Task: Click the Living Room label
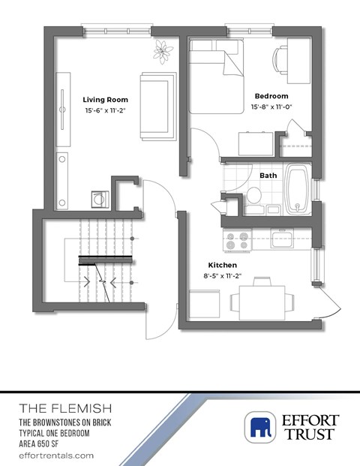tap(105, 99)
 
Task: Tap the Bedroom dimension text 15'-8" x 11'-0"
tap(271, 107)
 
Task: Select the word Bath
tap(268, 176)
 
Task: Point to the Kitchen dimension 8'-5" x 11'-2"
tap(223, 277)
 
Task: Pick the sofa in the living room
tap(157, 105)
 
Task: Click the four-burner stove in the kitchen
tap(237, 240)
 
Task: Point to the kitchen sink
tap(283, 239)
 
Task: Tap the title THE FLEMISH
tap(65, 409)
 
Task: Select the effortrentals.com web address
tap(56, 455)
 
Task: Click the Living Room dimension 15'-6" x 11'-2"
tap(105, 110)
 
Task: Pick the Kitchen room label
tap(223, 266)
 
